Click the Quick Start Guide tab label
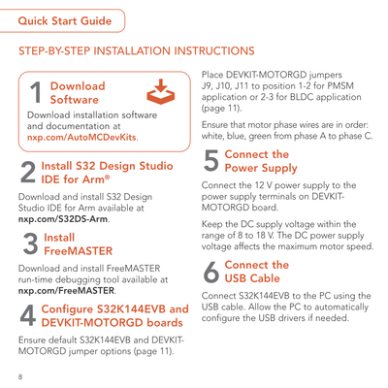(x=65, y=21)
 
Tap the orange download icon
(x=161, y=91)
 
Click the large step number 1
(x=36, y=92)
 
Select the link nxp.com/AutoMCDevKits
(x=81, y=137)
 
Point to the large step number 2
(x=28, y=173)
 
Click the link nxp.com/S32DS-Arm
(x=63, y=219)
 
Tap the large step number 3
(x=31, y=243)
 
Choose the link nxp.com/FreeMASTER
(x=66, y=290)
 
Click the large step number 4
(x=28, y=315)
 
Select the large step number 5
(x=211, y=160)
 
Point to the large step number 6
(x=211, y=272)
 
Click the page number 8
(x=20, y=377)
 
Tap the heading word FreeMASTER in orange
(x=79, y=251)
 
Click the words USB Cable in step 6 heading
(x=252, y=278)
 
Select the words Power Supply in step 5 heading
(x=261, y=168)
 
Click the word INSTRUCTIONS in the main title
(x=214, y=51)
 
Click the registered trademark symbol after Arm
(x=108, y=177)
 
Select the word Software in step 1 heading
(x=75, y=100)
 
